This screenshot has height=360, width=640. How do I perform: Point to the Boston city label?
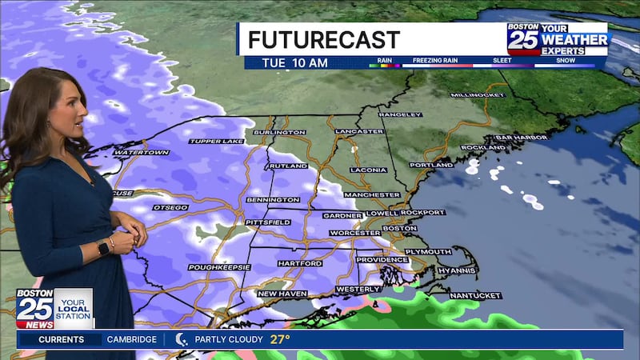(399, 228)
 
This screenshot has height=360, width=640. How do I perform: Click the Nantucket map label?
(474, 295)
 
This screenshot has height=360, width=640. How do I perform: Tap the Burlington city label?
(279, 132)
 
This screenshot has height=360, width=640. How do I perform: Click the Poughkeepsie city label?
(219, 266)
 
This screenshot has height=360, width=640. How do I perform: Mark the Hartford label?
(300, 263)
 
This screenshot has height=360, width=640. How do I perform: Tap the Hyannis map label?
(456, 270)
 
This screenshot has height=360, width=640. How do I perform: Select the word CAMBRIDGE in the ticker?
(131, 339)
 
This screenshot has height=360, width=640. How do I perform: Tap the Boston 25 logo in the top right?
(523, 38)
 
